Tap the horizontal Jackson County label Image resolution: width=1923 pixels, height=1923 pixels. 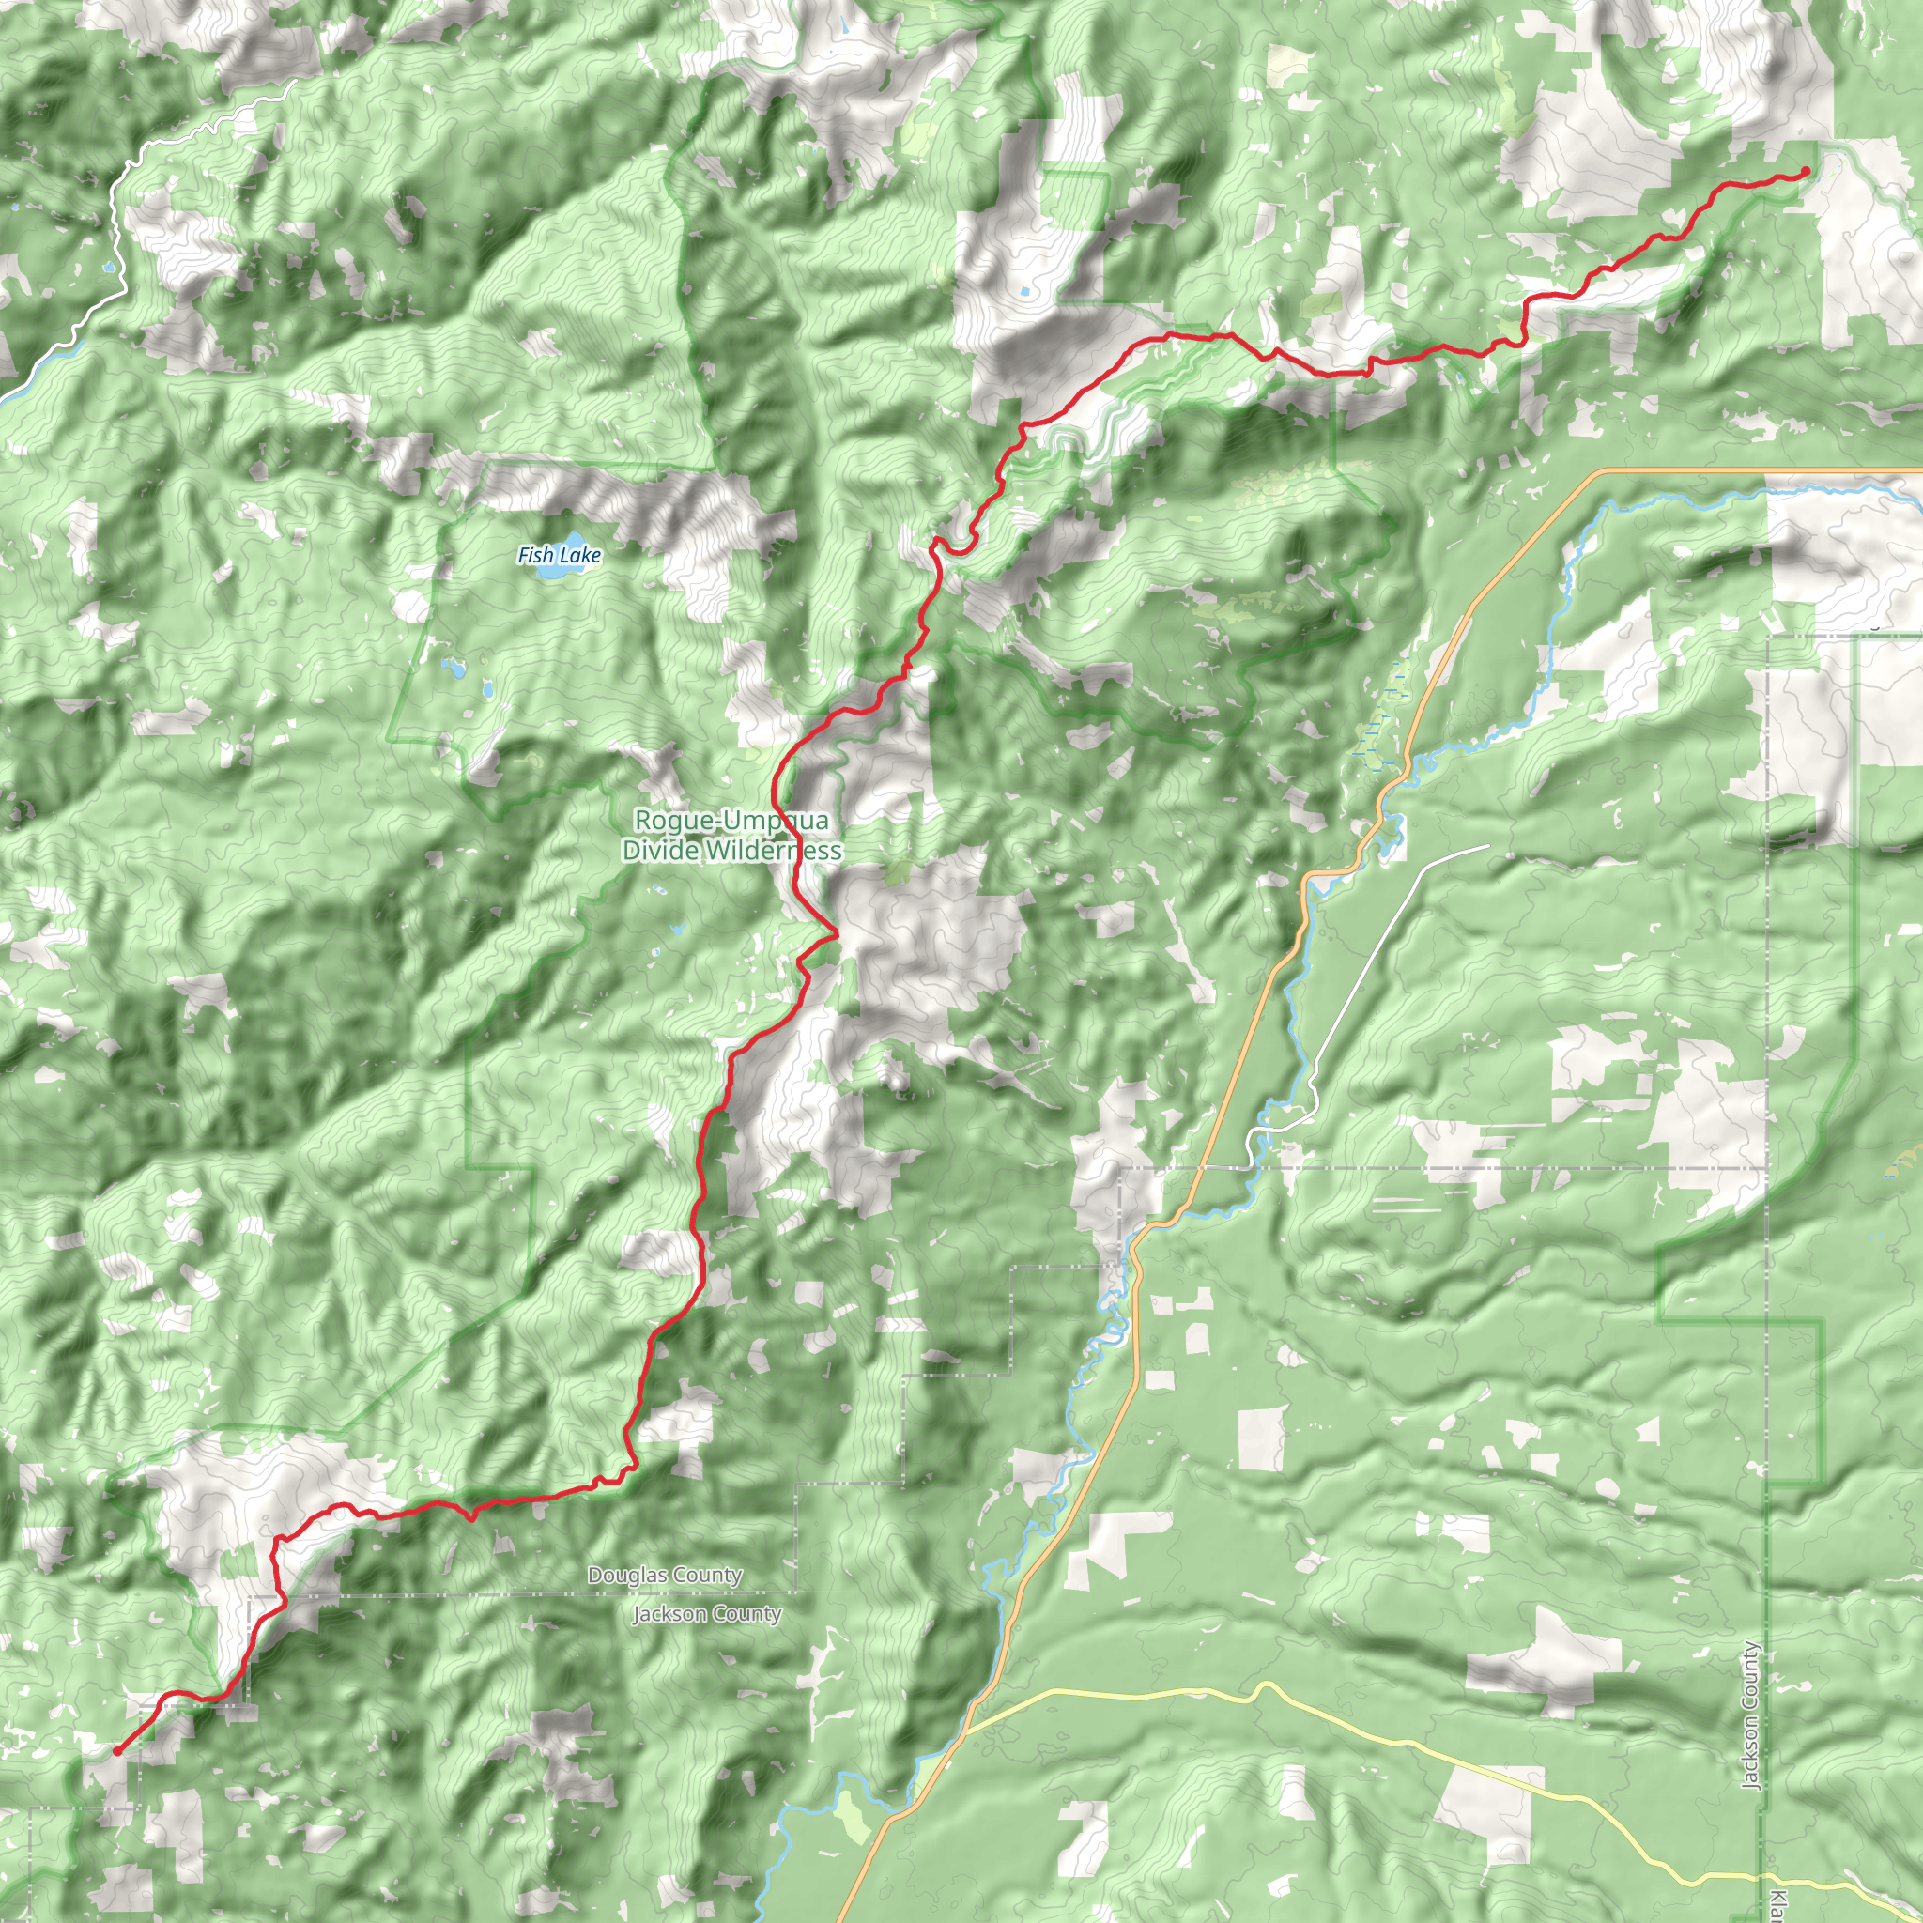click(x=707, y=1613)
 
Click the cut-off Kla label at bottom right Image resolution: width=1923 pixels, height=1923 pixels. click(x=1777, y=1903)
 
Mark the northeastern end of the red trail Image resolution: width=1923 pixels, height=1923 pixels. click(x=1806, y=172)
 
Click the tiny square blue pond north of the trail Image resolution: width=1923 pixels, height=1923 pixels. click(x=1024, y=293)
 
